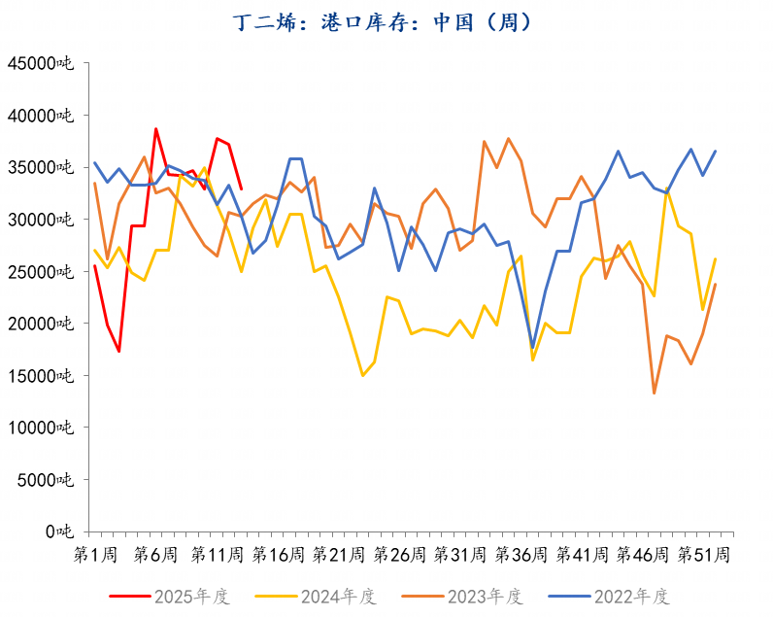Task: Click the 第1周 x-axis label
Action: pos(96,555)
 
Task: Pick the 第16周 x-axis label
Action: pos(279,555)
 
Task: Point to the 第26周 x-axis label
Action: pos(400,555)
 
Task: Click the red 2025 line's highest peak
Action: pos(155,129)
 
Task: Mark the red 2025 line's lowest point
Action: pos(119,351)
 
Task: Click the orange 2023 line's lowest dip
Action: pos(655,393)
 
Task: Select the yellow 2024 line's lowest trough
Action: pos(362,375)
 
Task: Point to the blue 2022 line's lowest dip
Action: pos(532,347)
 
